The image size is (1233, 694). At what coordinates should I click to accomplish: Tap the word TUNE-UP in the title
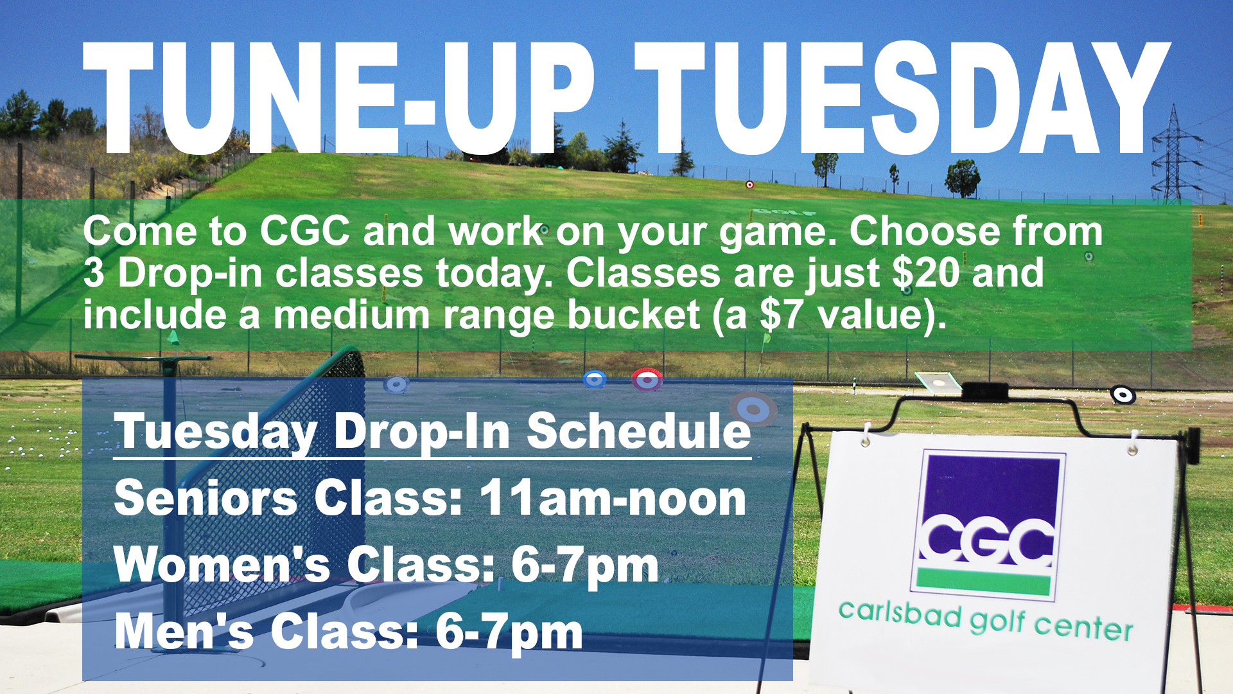pos(339,98)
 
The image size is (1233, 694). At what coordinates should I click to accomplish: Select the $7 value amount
pos(781,315)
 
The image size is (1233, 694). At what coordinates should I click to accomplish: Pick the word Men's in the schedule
pos(185,631)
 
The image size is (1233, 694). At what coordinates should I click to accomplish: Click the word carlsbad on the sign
pos(900,613)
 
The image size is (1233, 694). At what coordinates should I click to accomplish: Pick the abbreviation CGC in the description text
pos(305,231)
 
